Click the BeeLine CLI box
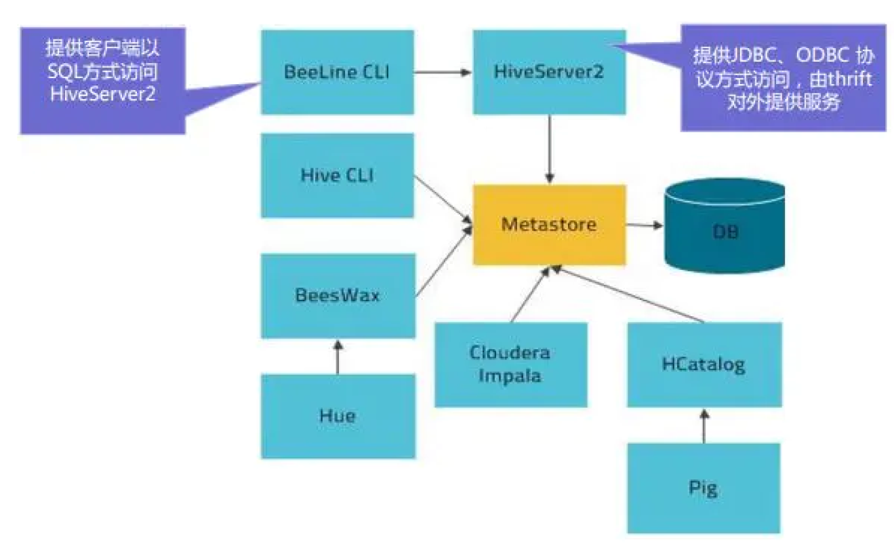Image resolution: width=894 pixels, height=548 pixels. pyautogui.click(x=337, y=72)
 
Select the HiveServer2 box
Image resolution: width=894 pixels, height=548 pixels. pyautogui.click(x=548, y=72)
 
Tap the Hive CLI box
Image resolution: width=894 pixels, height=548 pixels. pyautogui.click(x=337, y=175)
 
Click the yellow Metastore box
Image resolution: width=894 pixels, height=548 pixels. pyautogui.click(x=549, y=224)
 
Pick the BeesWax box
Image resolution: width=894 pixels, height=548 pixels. pyautogui.click(x=337, y=296)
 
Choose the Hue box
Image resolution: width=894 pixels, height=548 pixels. pyautogui.click(x=337, y=416)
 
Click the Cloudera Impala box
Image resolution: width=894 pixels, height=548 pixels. pyautogui.click(x=510, y=364)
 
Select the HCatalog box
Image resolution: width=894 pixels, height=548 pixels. pyautogui.click(x=703, y=364)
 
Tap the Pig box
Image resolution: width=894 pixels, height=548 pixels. pyautogui.click(x=703, y=488)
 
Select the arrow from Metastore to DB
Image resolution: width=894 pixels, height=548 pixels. pyautogui.click(x=644, y=224)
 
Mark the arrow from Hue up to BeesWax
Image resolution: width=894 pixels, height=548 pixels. pyautogui.click(x=337, y=357)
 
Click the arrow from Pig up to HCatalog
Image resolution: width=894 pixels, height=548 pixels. pyautogui.click(x=703, y=426)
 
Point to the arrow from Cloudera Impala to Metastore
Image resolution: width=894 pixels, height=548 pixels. pyautogui.click(x=531, y=294)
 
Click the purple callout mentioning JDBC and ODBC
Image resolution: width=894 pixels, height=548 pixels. pyautogui.click(x=783, y=78)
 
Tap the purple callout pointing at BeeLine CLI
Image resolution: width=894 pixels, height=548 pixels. pyautogui.click(x=102, y=79)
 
